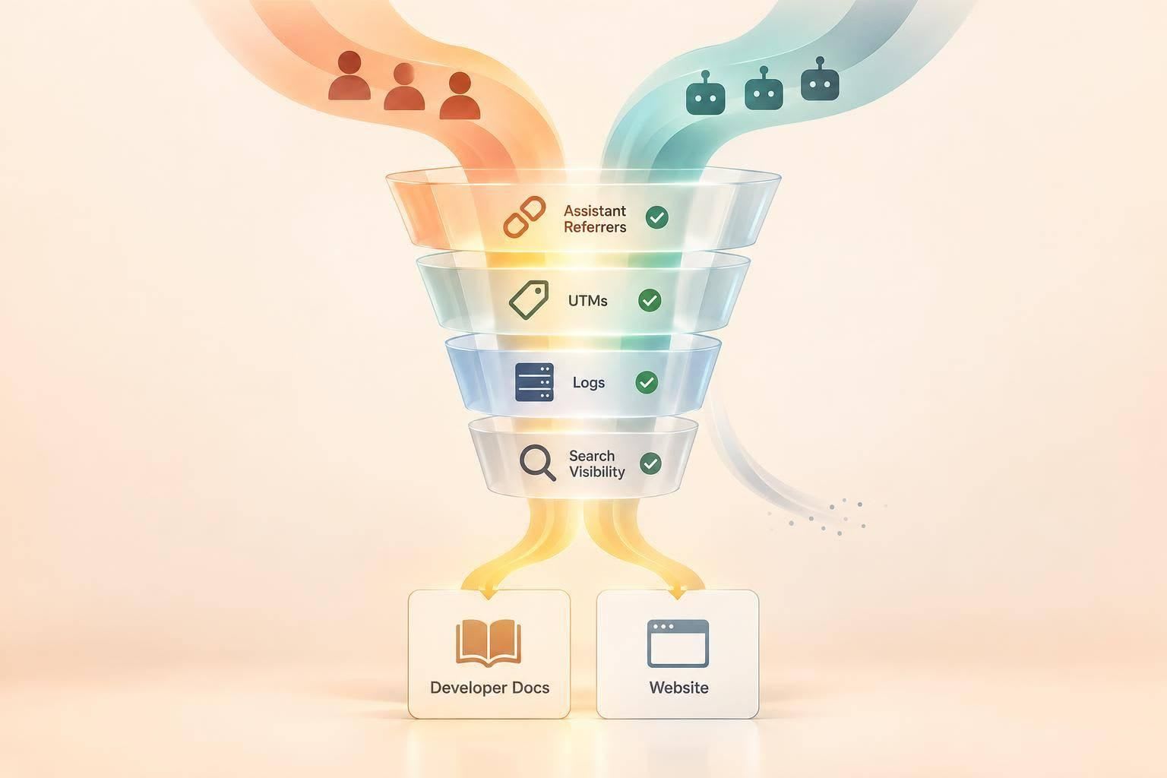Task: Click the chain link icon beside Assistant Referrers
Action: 524,217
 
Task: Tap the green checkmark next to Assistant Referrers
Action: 657,217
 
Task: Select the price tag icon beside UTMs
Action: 529,299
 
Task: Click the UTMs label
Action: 587,301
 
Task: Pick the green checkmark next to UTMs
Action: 650,300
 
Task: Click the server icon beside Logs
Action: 534,382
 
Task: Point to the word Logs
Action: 589,382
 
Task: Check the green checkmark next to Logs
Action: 647,382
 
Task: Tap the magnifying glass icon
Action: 536,462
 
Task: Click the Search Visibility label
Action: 596,463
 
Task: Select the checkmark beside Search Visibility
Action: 650,463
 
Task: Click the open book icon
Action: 489,643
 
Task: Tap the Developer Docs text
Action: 490,688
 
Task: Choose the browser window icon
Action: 678,643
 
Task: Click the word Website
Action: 678,688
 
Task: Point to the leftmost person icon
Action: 349,75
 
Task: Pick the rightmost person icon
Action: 460,96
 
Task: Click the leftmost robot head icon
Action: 705,93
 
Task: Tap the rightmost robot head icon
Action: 820,79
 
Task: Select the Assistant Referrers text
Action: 595,219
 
